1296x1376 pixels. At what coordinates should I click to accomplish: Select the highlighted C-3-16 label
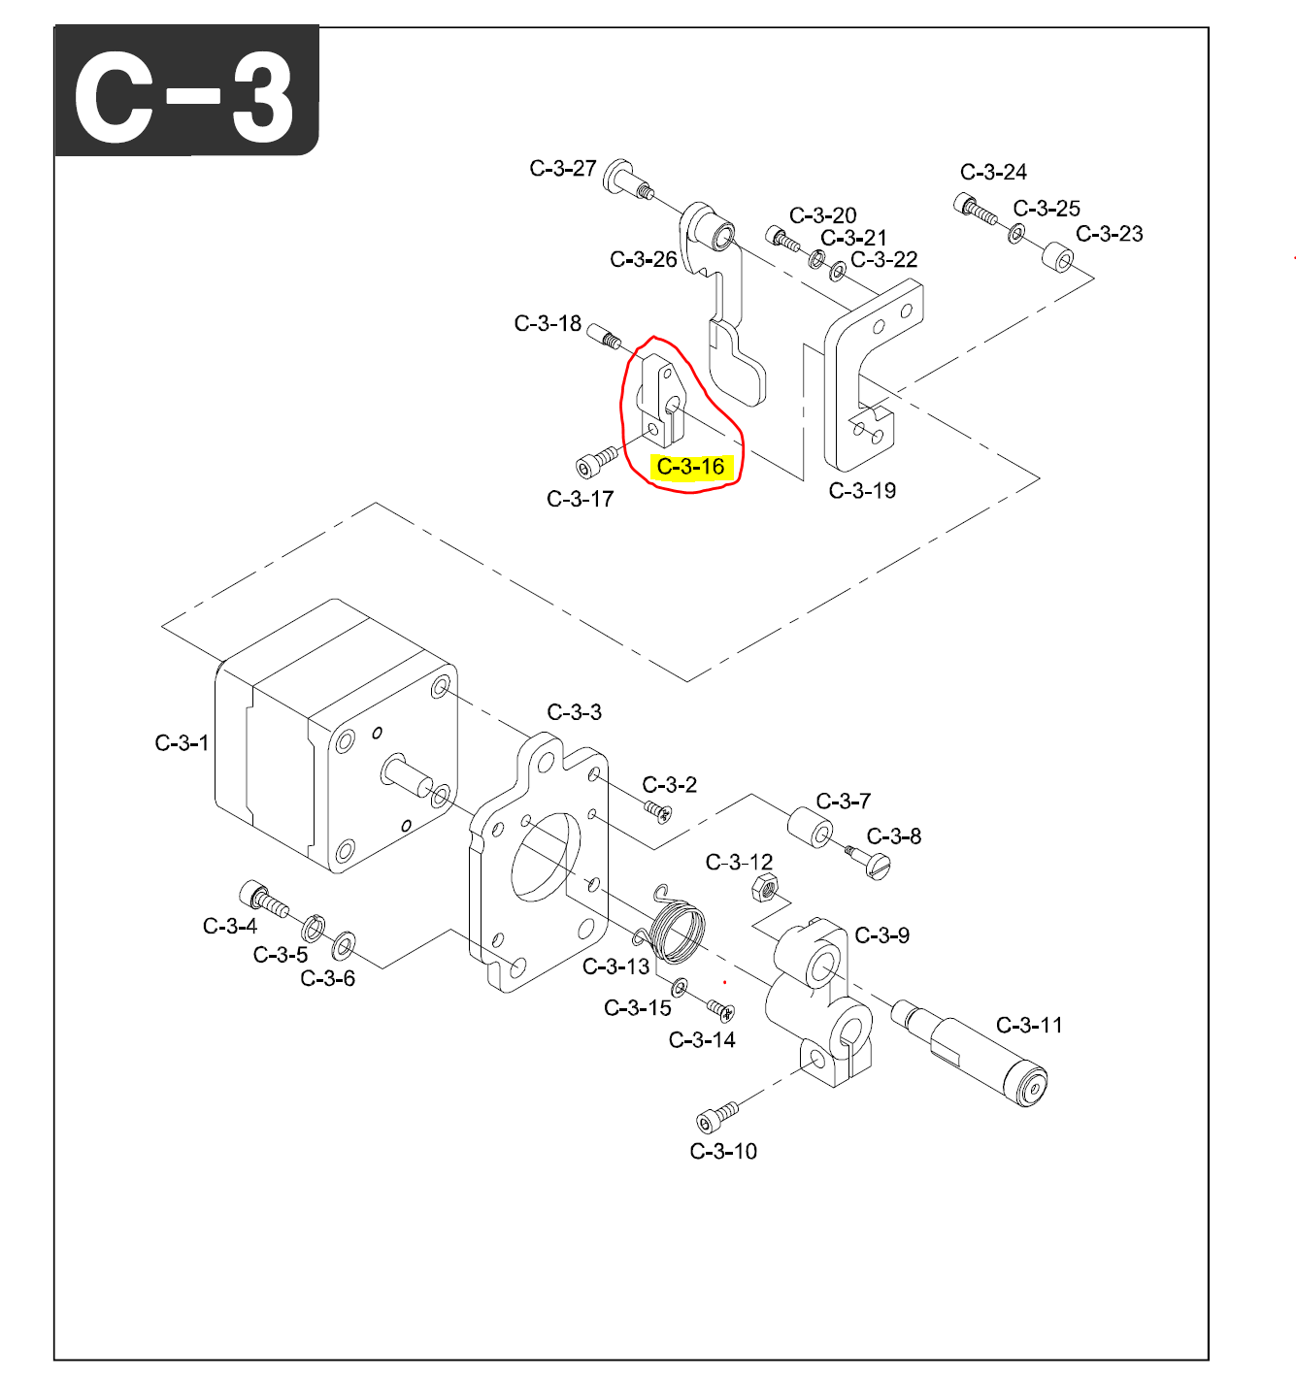[x=690, y=467]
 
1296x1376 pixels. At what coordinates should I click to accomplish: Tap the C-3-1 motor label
[x=182, y=743]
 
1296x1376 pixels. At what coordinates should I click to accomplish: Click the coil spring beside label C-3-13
[x=676, y=928]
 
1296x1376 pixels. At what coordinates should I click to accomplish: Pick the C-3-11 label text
[x=1029, y=1026]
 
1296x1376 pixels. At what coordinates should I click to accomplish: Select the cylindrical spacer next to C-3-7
[x=810, y=827]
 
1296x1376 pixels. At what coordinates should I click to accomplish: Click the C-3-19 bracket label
[x=862, y=491]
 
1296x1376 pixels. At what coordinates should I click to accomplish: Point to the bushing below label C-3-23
[x=1058, y=259]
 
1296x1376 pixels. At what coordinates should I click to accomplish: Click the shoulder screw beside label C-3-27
[x=628, y=180]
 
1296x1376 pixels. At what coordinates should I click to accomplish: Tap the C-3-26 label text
[x=644, y=260]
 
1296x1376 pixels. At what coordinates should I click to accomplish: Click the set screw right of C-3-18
[x=604, y=336]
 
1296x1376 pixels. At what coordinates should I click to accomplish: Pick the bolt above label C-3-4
[x=263, y=899]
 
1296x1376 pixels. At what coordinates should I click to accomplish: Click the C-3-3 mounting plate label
[x=574, y=712]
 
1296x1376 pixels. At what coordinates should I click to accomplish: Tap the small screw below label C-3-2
[x=658, y=809]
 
